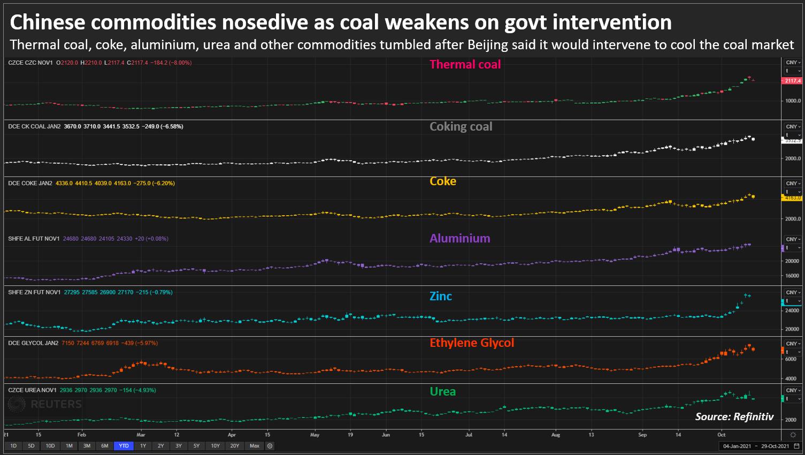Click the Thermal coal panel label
point(465,64)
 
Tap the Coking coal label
point(461,126)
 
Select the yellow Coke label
point(443,181)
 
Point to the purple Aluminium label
point(459,238)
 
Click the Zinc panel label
point(441,296)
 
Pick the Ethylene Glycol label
point(471,343)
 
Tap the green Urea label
point(443,391)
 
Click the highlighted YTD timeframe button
point(124,446)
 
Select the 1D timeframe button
point(13,446)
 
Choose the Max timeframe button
point(255,446)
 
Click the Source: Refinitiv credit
point(734,416)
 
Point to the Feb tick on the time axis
point(81,435)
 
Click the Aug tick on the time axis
point(556,435)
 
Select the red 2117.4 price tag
point(792,81)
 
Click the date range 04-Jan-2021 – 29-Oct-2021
point(756,446)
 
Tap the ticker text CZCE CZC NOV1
point(30,63)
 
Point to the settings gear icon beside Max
point(270,446)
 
